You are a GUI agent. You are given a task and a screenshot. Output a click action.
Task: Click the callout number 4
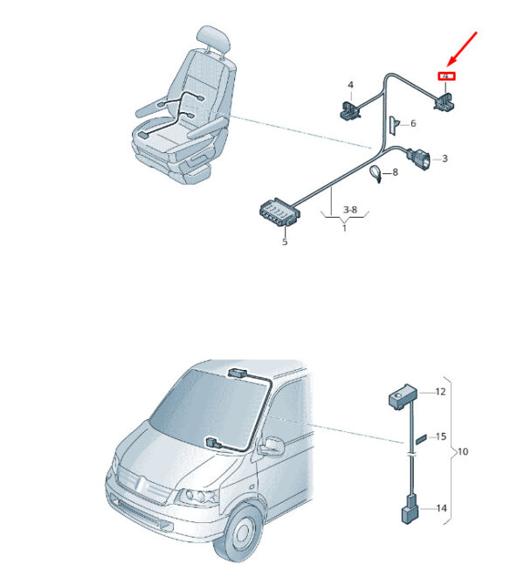click(x=350, y=86)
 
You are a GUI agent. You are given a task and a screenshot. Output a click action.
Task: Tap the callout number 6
click(x=413, y=124)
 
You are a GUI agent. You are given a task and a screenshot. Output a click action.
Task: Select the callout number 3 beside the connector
click(x=445, y=158)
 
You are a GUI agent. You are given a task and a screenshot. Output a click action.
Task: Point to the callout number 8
click(x=395, y=172)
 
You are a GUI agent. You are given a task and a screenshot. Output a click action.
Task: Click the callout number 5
click(x=284, y=241)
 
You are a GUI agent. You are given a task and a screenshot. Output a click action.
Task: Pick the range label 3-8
click(x=349, y=210)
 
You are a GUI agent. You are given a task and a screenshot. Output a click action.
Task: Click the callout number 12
click(x=440, y=392)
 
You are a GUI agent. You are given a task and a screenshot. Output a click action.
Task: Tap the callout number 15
click(x=440, y=436)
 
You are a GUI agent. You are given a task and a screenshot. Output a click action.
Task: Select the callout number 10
click(x=463, y=452)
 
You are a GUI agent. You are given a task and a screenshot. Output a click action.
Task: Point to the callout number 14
click(x=440, y=508)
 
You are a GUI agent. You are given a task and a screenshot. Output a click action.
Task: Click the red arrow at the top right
click(x=462, y=48)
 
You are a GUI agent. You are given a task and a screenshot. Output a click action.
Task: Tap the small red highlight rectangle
click(x=447, y=78)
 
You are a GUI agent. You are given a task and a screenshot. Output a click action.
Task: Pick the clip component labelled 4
click(x=349, y=108)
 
